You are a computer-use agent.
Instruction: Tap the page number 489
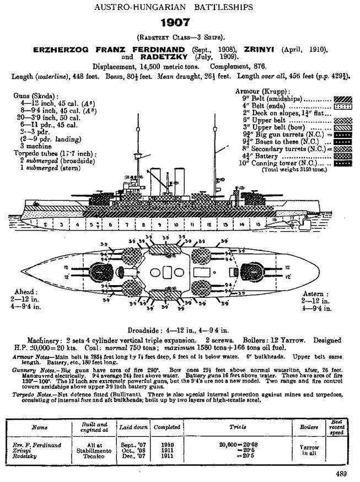tap(341, 473)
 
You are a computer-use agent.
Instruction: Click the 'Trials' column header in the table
tap(229, 426)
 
